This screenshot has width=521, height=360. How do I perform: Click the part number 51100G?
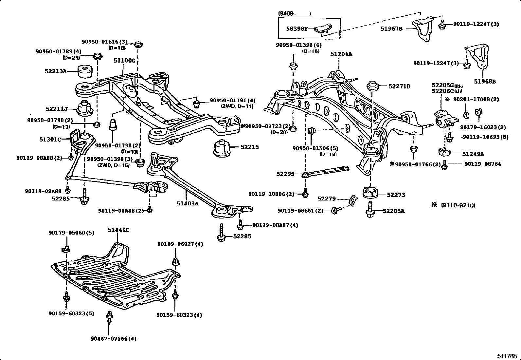[124, 61]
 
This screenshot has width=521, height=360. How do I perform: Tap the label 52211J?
[57, 109]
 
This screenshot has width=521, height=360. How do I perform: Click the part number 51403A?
[188, 203]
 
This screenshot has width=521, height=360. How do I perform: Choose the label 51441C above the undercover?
[118, 230]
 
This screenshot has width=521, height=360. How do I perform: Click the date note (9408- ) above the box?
[295, 14]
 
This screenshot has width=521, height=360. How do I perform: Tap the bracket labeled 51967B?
[422, 31]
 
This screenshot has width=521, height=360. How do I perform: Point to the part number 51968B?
[485, 82]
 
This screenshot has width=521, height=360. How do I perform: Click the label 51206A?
[341, 54]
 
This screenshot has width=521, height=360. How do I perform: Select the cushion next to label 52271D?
[373, 86]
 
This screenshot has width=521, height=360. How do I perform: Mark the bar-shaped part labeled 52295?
[326, 171]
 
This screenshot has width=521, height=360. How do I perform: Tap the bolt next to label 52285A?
[370, 210]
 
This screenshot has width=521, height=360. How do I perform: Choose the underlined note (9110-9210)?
[458, 205]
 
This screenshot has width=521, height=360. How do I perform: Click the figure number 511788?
[507, 356]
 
